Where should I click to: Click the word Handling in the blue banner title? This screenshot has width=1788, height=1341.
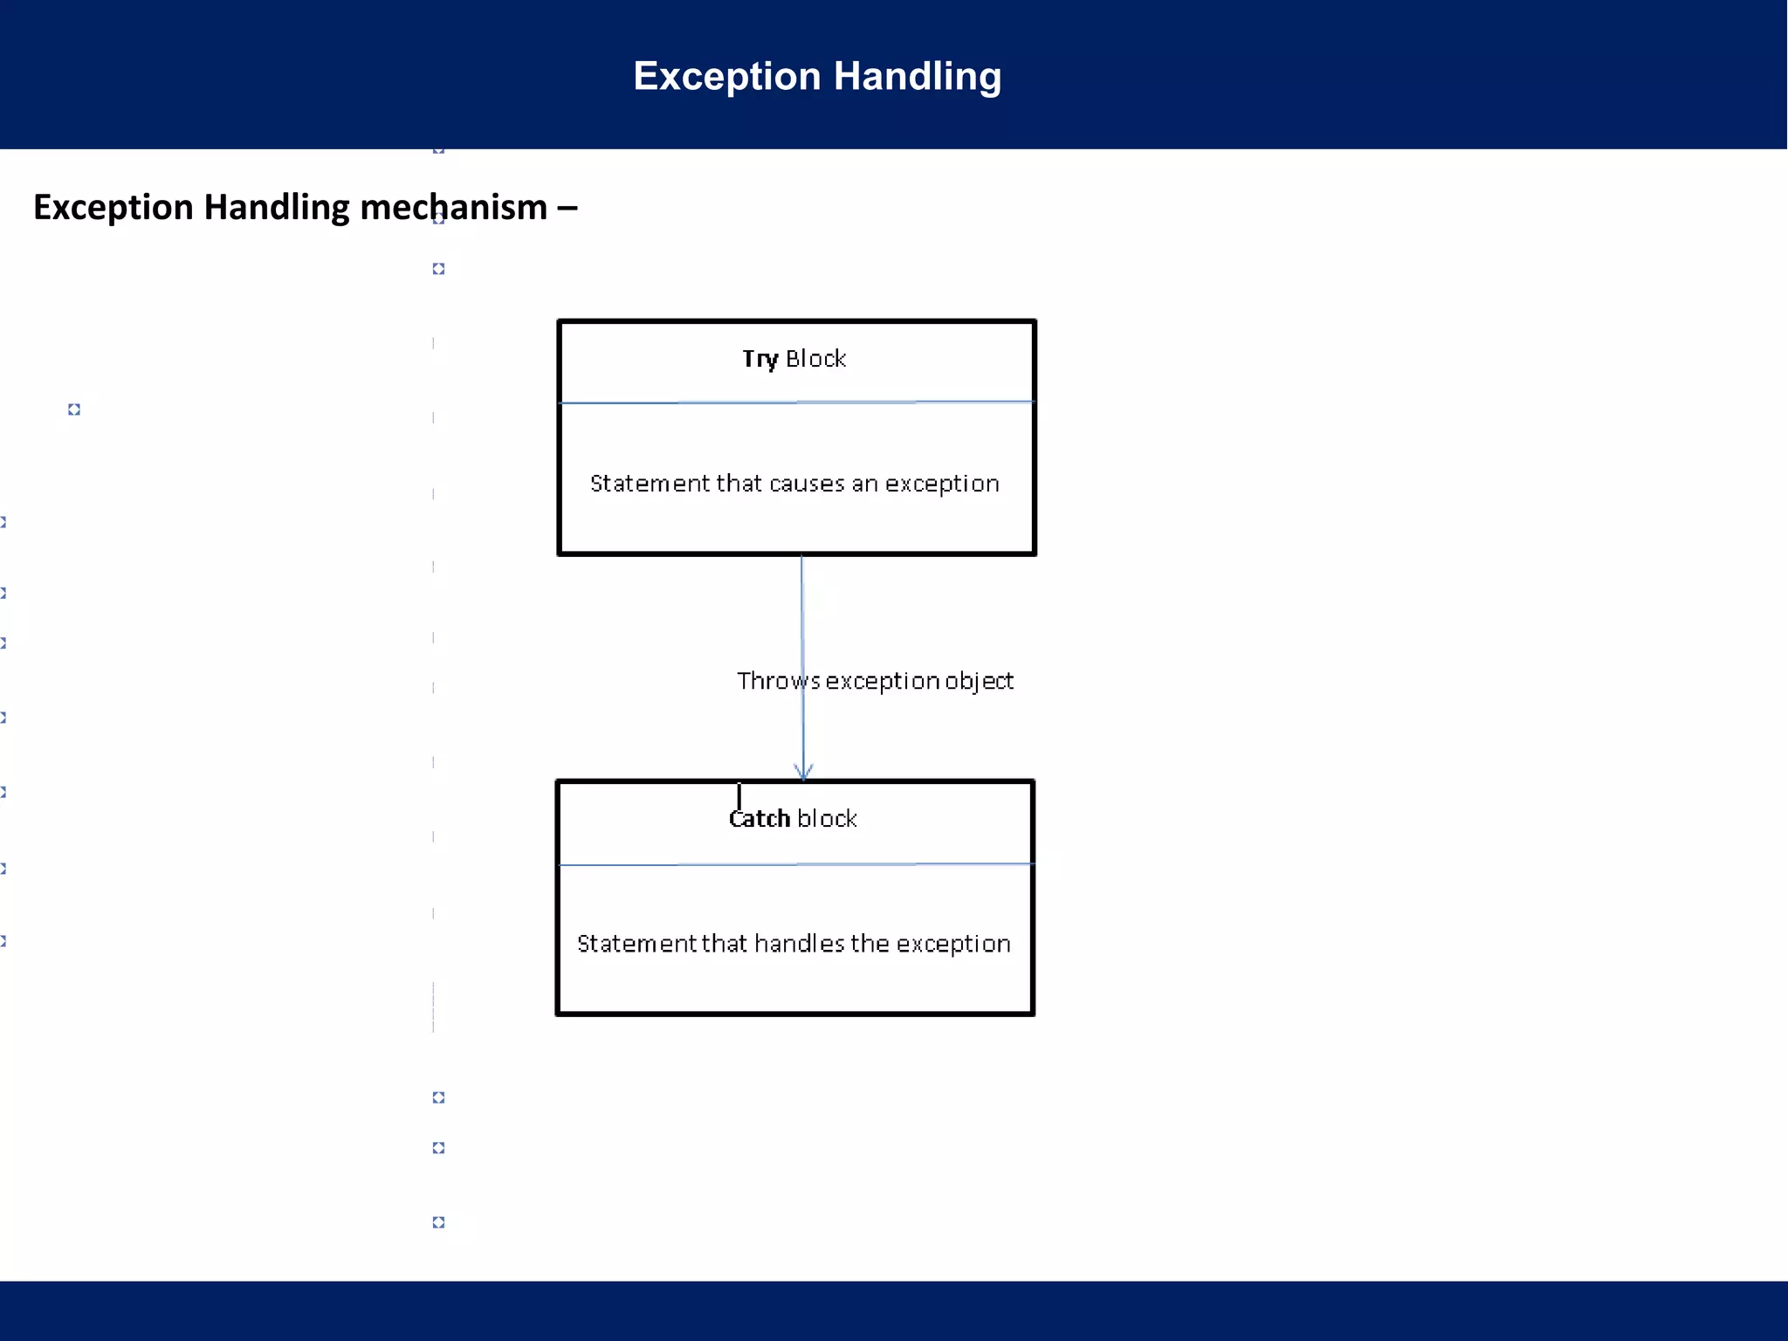(x=917, y=77)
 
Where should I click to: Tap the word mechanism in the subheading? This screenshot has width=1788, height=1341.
(x=453, y=208)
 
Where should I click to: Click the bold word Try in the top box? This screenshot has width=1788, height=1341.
(x=760, y=359)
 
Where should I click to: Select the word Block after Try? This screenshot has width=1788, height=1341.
(x=815, y=359)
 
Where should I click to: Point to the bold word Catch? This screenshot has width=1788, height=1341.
(x=759, y=819)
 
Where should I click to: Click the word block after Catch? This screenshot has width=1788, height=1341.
(x=827, y=819)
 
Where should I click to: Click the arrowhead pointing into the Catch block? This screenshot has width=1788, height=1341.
(x=803, y=772)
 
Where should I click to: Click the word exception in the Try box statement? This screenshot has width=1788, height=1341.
(x=941, y=485)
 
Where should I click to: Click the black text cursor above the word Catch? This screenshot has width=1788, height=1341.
(x=739, y=796)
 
